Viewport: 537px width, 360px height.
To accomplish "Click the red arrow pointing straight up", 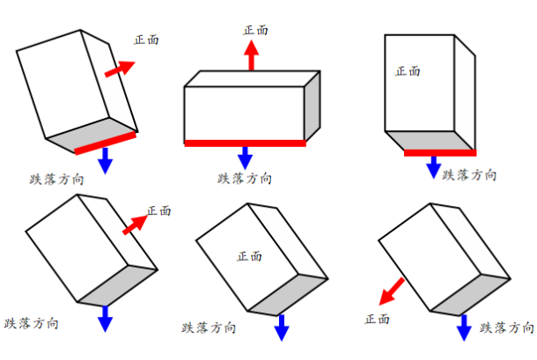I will (252, 55).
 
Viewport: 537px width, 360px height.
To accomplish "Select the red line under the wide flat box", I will (245, 143).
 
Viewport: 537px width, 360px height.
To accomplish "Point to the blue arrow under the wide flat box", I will (245, 158).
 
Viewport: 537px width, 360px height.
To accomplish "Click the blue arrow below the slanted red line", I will (106, 159).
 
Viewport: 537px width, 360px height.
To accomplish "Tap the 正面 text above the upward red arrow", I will (255, 30).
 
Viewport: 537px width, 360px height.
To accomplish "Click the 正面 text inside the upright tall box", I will (408, 71).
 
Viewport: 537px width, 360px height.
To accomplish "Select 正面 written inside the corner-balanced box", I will (250, 256).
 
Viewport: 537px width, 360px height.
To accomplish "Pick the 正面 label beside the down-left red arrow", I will (377, 318).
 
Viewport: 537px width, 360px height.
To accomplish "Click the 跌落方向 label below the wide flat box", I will (245, 179).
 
